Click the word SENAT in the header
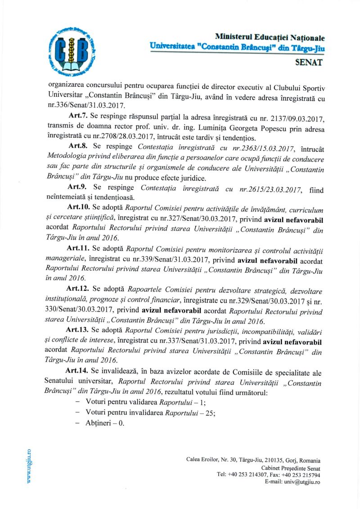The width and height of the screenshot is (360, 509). click(x=309, y=63)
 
